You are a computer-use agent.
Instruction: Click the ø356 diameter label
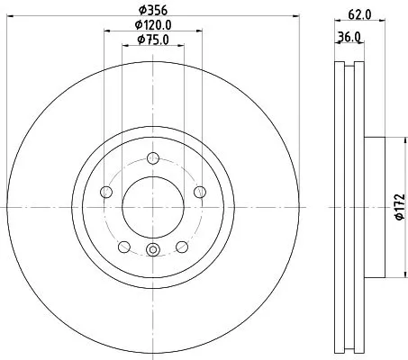152,11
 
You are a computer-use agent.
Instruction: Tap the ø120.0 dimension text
153,25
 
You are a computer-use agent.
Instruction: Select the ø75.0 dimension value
152,40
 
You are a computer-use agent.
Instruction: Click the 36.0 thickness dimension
350,36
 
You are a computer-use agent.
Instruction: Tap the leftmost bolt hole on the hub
106,192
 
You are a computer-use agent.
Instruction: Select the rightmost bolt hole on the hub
199,192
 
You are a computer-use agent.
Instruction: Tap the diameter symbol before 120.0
139,25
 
